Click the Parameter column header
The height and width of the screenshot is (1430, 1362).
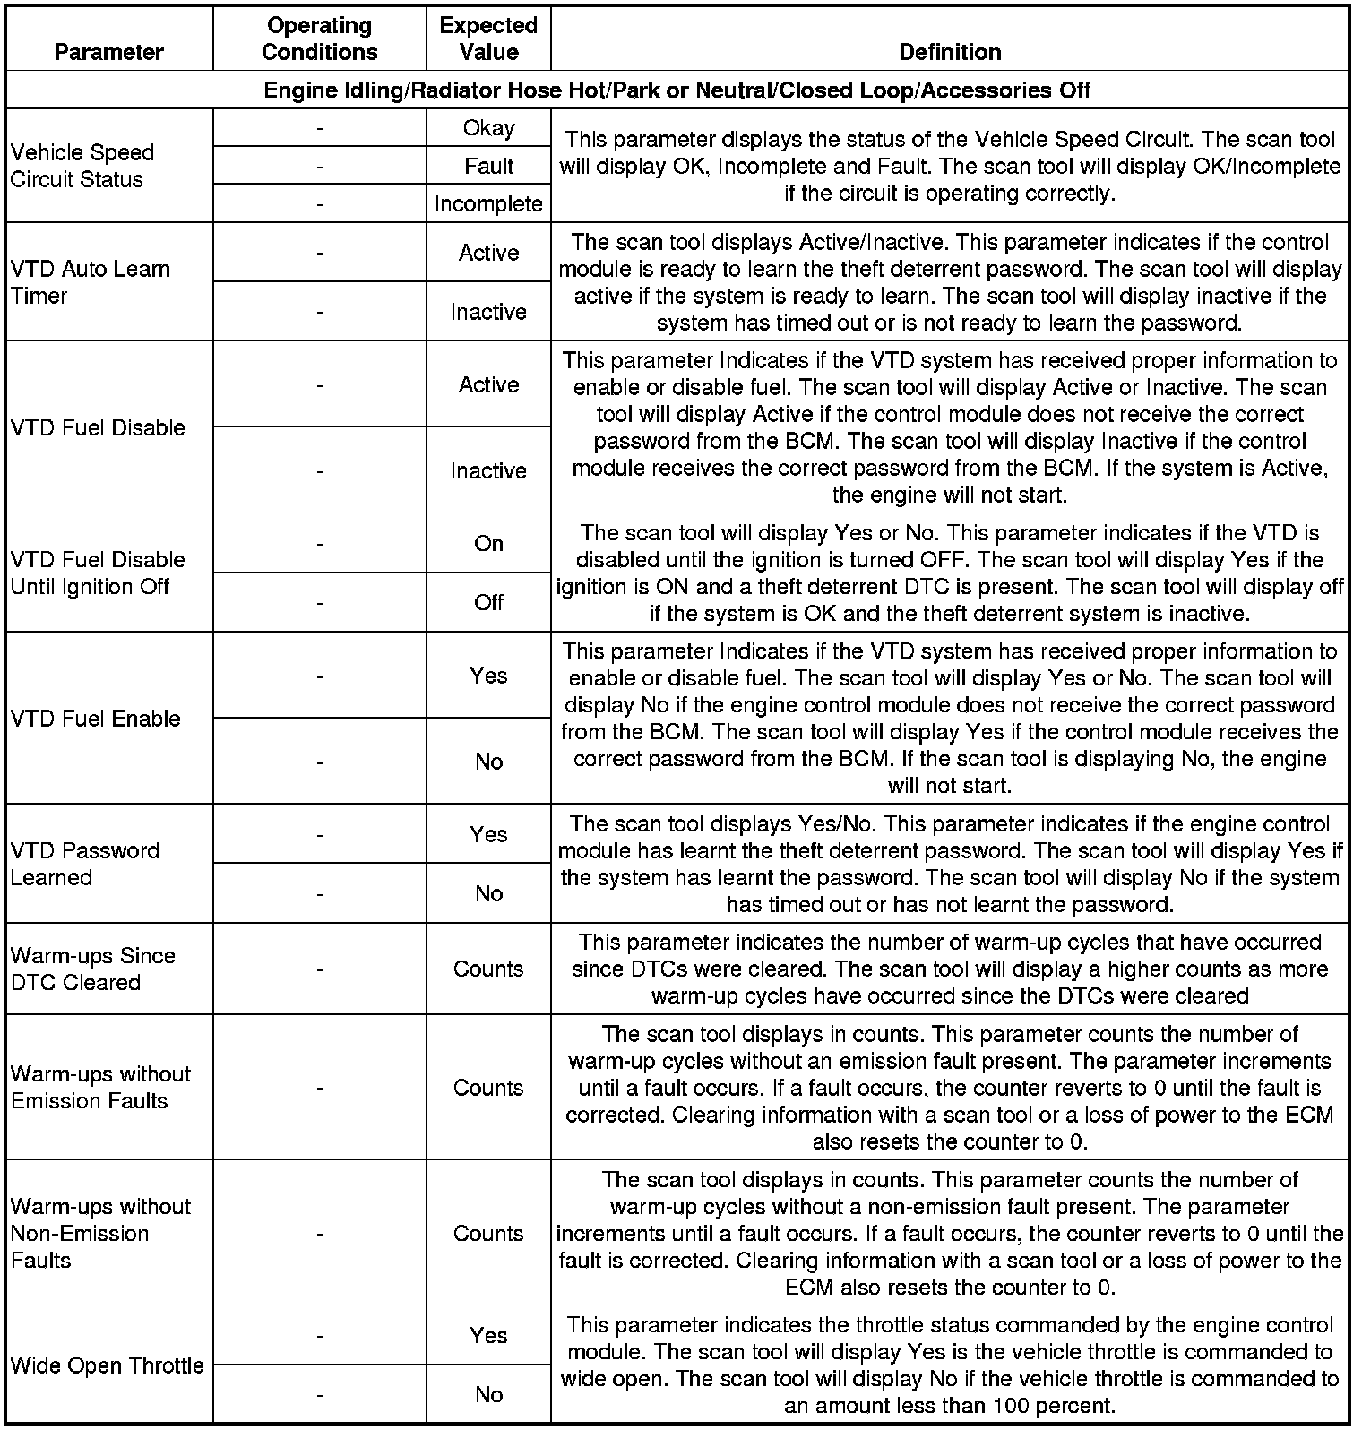click(109, 52)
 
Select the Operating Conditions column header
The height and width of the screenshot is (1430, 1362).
click(320, 39)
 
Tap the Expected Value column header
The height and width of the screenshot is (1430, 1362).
click(488, 39)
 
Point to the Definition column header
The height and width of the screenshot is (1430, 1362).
click(950, 52)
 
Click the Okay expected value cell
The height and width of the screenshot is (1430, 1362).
click(488, 128)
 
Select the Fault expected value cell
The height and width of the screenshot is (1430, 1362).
click(488, 166)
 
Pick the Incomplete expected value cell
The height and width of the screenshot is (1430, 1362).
click(488, 204)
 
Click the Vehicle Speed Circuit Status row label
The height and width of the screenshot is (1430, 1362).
click(82, 166)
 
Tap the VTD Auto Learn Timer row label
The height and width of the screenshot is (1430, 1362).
click(90, 282)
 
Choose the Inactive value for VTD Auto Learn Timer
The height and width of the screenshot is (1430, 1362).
click(488, 312)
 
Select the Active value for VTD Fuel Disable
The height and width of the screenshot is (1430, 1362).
click(488, 384)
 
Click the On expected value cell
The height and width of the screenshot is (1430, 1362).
click(488, 544)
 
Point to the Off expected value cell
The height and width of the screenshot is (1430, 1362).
click(488, 602)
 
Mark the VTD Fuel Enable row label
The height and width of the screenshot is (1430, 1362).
click(96, 719)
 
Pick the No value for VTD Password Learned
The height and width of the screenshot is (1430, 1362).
click(488, 893)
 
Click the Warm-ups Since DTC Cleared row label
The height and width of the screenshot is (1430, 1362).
click(92, 969)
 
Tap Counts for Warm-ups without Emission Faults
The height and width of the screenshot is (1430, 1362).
click(488, 1088)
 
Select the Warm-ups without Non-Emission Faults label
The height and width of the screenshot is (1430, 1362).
click(100, 1233)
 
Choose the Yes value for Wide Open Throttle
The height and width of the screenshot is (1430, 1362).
click(488, 1335)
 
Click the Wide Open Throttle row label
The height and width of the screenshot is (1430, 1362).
click(108, 1365)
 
